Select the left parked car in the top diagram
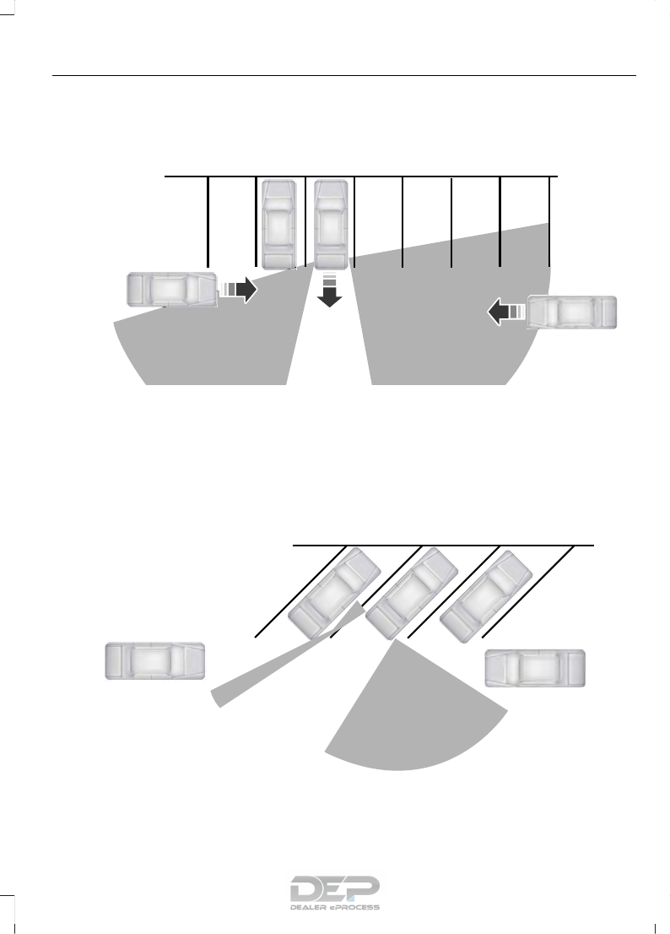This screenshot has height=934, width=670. click(279, 224)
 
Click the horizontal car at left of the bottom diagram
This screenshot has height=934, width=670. click(154, 660)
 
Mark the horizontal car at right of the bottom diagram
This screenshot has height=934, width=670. click(535, 668)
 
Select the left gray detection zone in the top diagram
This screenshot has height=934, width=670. click(211, 346)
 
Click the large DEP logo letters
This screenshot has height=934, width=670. click(335, 889)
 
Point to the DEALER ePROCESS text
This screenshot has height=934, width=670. click(335, 908)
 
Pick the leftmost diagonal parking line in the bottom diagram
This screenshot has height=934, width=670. click(300, 589)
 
